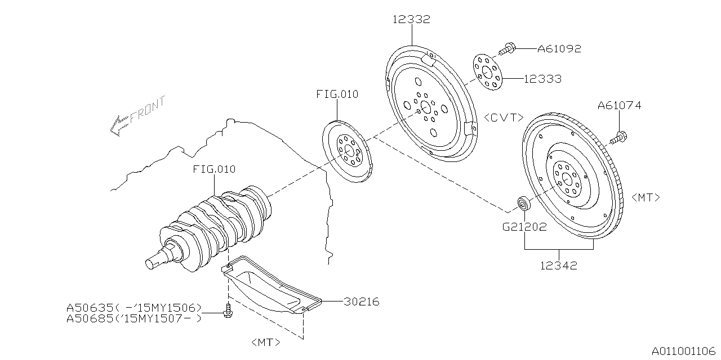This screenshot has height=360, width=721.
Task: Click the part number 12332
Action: click(411, 20)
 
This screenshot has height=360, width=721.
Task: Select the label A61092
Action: click(559, 49)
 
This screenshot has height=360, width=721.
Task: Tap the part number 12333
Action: click(542, 79)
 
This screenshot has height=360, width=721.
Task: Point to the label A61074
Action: click(619, 105)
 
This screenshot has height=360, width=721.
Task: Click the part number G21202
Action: click(524, 227)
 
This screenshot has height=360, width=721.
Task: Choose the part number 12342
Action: click(558, 265)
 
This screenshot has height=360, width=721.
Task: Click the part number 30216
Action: click(362, 302)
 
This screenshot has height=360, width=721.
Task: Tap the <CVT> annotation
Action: click(504, 118)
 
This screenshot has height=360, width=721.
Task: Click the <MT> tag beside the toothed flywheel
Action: click(646, 197)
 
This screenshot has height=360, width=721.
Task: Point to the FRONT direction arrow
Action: click(137, 116)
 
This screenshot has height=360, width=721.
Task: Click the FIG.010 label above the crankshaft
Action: click(214, 169)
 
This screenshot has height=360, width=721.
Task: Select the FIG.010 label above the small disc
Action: click(337, 94)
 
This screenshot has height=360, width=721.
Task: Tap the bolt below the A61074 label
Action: click(618, 138)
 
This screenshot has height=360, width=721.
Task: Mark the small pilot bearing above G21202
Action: click(524, 203)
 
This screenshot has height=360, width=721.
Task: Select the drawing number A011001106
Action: click(682, 350)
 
